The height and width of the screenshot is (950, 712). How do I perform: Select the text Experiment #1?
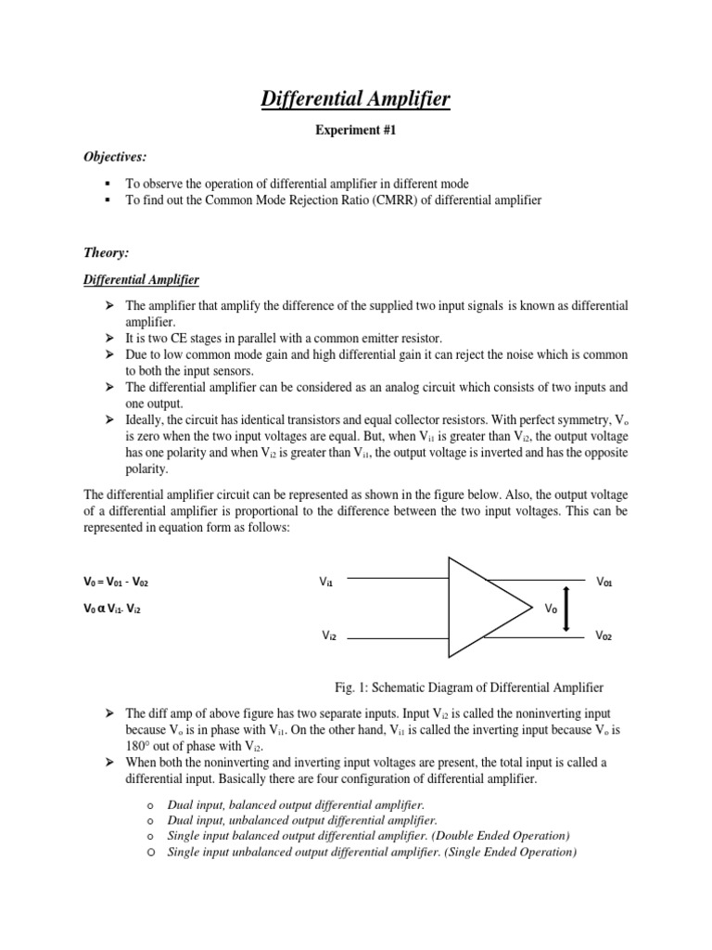pyautogui.click(x=356, y=133)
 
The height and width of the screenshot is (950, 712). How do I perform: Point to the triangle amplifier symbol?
pyautogui.click(x=477, y=609)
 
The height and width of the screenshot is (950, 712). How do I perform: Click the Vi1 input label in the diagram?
pyautogui.click(x=326, y=583)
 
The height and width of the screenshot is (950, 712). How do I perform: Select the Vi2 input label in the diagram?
pyautogui.click(x=328, y=636)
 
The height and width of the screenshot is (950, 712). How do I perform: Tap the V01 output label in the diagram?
pyautogui.click(x=604, y=583)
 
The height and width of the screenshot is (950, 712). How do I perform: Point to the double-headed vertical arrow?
pyautogui.click(x=567, y=609)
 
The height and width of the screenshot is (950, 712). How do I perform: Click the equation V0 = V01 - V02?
pyautogui.click(x=115, y=583)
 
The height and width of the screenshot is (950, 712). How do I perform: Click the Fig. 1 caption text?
pyautogui.click(x=469, y=687)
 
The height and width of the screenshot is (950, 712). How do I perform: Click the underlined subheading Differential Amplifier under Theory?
pyautogui.click(x=142, y=279)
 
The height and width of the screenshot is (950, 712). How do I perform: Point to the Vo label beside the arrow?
pyautogui.click(x=550, y=610)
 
